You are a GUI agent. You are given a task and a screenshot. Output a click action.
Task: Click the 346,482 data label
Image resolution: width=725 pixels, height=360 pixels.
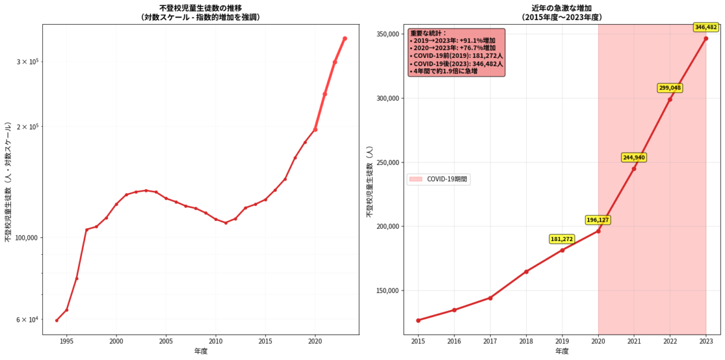click(x=706, y=27)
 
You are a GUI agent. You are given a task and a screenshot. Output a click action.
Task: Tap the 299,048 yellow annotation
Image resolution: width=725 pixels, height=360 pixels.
click(x=670, y=88)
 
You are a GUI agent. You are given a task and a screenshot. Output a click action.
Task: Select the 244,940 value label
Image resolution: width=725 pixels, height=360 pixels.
click(x=634, y=158)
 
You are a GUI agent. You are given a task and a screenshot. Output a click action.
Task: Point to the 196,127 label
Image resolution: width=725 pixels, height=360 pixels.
click(x=598, y=220)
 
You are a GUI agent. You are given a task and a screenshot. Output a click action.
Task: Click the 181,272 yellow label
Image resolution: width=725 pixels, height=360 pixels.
click(x=562, y=239)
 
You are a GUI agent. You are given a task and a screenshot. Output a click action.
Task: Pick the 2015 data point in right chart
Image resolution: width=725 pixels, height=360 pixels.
click(x=418, y=320)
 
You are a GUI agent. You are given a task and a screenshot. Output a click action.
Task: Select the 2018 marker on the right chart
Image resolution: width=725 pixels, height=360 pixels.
click(x=526, y=271)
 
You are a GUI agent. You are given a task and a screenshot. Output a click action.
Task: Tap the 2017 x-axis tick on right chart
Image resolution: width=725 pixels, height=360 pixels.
click(x=490, y=342)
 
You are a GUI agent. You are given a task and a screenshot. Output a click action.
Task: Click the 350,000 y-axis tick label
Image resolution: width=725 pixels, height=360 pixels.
click(x=385, y=34)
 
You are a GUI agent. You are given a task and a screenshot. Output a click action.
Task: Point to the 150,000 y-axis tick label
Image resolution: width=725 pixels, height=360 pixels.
click(x=385, y=291)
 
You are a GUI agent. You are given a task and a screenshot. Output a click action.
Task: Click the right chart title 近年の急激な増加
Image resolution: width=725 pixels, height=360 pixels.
click(x=562, y=8)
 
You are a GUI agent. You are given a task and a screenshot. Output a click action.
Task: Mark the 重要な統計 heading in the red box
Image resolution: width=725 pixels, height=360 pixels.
click(x=428, y=33)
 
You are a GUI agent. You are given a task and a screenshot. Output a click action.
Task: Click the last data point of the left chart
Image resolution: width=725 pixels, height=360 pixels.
click(x=344, y=39)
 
